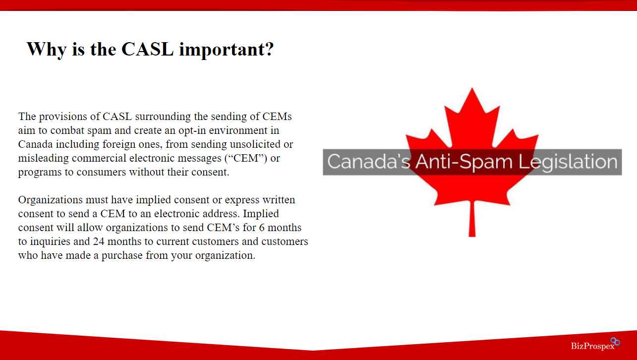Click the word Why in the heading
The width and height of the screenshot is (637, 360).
[47, 50]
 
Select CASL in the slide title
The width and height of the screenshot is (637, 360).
[147, 49]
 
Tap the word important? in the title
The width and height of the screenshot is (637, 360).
[227, 50]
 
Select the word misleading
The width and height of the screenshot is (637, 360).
[44, 158]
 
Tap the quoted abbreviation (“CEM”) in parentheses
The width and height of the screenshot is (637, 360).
[246, 158]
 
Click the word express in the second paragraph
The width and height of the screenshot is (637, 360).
[242, 200]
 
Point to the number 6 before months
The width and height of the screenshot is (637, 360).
[262, 228]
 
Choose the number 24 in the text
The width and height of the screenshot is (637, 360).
[99, 241]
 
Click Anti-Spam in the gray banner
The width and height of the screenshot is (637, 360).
[464, 162]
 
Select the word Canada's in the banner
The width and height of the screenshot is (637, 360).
[368, 162]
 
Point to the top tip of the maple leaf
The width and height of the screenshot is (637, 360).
[472, 88]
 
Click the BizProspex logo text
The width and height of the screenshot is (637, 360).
[593, 346]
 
